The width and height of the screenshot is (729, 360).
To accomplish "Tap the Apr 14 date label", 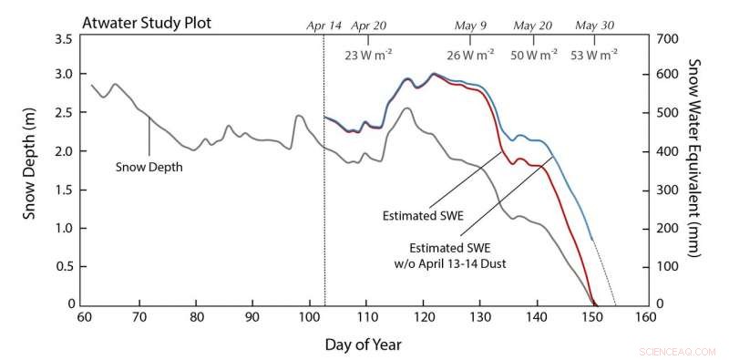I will [x=323, y=26].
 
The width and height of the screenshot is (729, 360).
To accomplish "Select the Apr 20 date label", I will [x=368, y=26].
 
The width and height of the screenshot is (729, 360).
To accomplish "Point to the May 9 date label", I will [x=470, y=26].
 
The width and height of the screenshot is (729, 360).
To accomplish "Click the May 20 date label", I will [x=534, y=26].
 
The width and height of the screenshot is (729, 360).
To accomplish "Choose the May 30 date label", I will [x=595, y=26].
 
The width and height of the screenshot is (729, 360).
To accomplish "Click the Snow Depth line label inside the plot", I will [x=149, y=167].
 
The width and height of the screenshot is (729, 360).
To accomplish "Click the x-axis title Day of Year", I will [x=363, y=345].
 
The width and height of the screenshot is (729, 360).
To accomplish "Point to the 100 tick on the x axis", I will [x=310, y=318].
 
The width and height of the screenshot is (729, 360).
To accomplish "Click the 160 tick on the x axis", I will [x=647, y=318].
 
